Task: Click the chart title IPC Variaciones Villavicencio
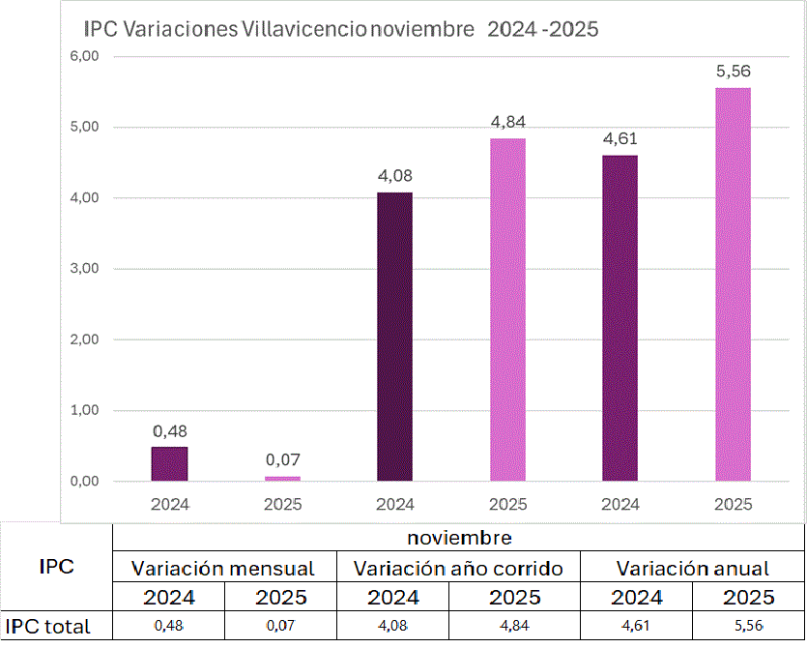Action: tap(341, 29)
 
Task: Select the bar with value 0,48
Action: tap(170, 464)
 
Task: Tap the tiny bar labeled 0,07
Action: tap(282, 478)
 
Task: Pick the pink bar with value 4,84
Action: tap(507, 309)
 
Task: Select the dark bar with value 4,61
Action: tap(620, 318)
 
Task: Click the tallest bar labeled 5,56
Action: tap(733, 284)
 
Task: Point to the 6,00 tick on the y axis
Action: tap(85, 56)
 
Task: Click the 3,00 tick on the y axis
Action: tap(85, 269)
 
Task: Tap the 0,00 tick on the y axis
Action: tap(85, 482)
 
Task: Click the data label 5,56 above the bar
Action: tap(733, 71)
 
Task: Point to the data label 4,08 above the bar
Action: tap(394, 176)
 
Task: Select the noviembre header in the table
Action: tap(459, 537)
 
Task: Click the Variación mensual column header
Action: tap(223, 568)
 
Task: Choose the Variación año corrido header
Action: tap(458, 568)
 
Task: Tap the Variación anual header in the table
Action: tap(693, 568)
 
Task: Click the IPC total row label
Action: tap(48, 626)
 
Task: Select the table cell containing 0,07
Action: tap(281, 626)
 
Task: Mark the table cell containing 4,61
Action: tap(636, 626)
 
